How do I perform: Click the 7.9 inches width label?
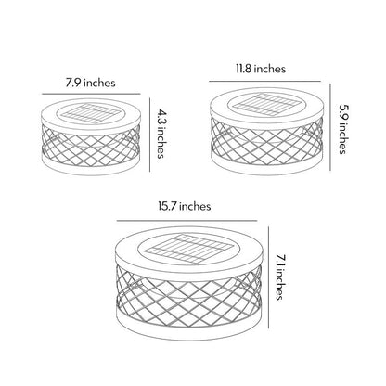(x=90, y=83)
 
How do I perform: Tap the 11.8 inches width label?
(x=261, y=69)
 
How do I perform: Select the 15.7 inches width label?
(x=185, y=206)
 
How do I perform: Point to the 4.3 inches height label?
(x=160, y=134)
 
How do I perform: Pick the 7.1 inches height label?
(x=279, y=277)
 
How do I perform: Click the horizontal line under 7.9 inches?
(x=91, y=94)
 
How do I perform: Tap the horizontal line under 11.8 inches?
(x=264, y=82)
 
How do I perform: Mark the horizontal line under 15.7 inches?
(x=187, y=221)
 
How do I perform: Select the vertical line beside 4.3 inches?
(x=150, y=135)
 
